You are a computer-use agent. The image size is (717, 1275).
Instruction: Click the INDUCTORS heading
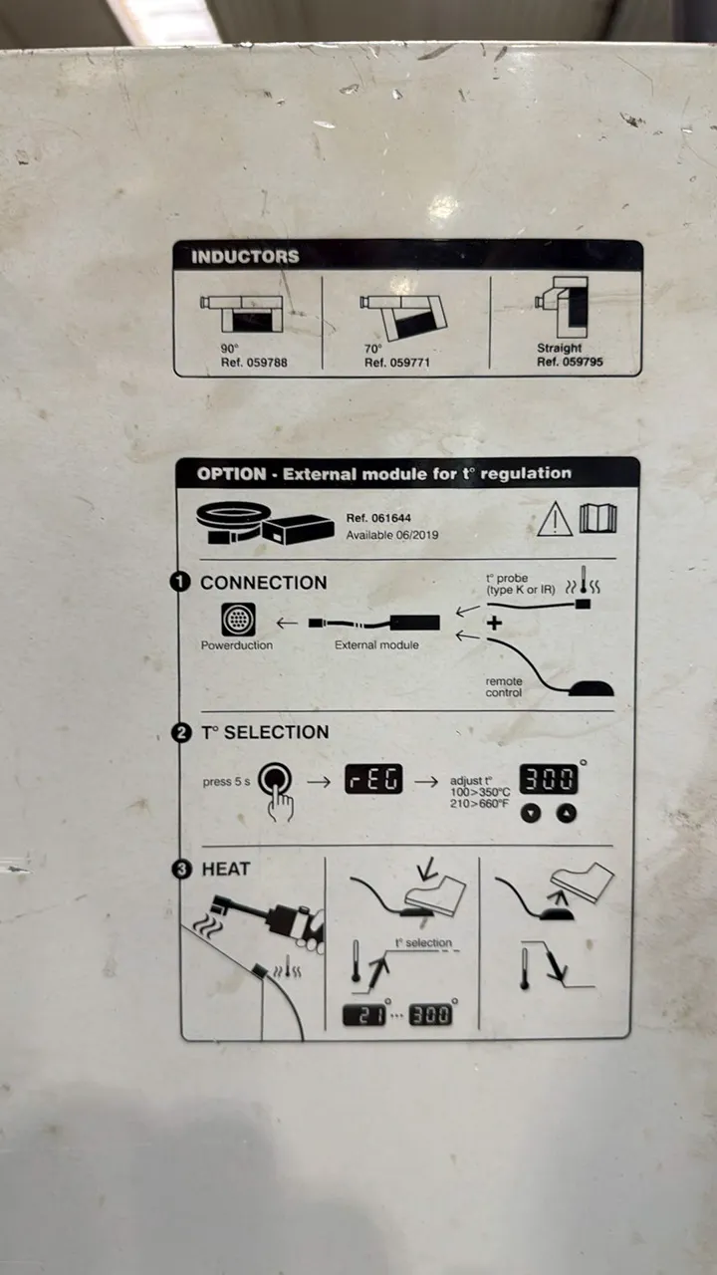click(245, 257)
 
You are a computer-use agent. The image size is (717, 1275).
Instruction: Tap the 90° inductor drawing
click(241, 314)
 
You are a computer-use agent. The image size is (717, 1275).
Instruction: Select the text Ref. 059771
click(397, 363)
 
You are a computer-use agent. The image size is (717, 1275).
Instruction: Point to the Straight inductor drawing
click(562, 308)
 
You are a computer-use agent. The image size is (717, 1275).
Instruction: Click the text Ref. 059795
click(570, 362)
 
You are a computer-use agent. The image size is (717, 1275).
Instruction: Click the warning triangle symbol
click(555, 519)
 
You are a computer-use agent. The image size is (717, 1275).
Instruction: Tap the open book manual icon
click(598, 518)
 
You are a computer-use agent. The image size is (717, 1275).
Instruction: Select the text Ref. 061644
click(378, 518)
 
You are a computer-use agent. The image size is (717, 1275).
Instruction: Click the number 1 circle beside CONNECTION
click(180, 582)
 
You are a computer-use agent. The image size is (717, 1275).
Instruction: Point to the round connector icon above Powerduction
click(238, 620)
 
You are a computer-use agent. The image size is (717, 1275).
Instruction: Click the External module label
click(376, 644)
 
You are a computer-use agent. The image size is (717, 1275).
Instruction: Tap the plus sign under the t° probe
click(495, 624)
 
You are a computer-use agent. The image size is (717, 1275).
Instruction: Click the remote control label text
click(504, 686)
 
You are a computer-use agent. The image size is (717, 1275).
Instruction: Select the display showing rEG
click(373, 779)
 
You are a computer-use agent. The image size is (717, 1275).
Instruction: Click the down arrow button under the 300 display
click(531, 814)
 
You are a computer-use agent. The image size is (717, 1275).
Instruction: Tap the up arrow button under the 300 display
click(567, 814)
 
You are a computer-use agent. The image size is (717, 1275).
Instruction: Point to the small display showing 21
click(364, 1015)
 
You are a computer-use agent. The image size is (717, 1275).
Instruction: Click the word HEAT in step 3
click(226, 870)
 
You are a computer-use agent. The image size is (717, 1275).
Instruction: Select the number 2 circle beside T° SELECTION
click(181, 732)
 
